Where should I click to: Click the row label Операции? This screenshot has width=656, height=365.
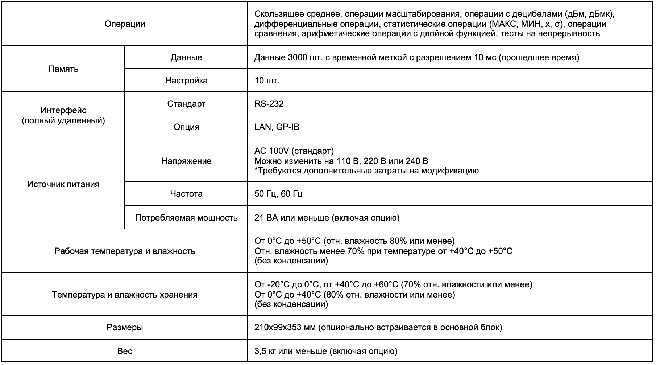coord(125,24)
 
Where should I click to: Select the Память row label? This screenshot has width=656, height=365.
coord(63,69)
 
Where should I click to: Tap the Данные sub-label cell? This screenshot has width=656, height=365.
coord(186,57)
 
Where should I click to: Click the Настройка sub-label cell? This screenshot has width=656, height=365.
coord(186,81)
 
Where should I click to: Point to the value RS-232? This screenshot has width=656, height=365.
coord(269,104)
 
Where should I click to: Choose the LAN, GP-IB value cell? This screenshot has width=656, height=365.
coord(277,127)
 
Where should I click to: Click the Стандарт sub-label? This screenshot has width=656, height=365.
coord(186,104)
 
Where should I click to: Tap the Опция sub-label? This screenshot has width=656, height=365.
coord(186,127)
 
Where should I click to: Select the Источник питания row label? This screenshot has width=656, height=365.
coord(63,184)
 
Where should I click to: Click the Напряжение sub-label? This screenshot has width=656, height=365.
coord(186,161)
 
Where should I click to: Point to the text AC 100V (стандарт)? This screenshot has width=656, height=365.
coord(294,151)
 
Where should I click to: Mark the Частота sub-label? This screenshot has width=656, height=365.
coord(186,194)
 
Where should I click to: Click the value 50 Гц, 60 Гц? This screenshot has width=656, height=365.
coord(278,194)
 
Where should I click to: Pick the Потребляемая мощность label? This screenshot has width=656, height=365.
coord(186,218)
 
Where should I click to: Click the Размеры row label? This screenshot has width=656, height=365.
coord(125,327)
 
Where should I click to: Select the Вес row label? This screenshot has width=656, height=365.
coord(125,351)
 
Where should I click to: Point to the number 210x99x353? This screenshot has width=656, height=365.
coord(279,327)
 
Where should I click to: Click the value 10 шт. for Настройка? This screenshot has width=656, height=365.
coord(267,81)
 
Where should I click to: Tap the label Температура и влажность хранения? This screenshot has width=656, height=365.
coord(125,294)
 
